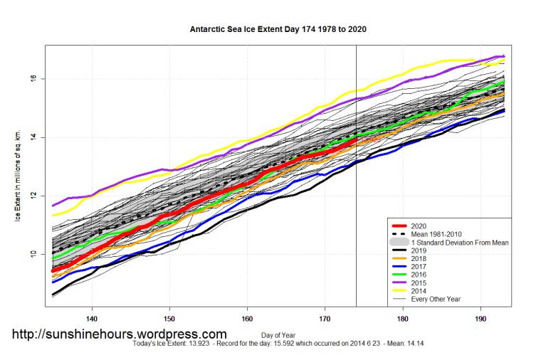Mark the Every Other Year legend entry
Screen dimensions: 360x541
pyautogui.click(x=436, y=299)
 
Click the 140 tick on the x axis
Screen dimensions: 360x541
pyautogui.click(x=92, y=319)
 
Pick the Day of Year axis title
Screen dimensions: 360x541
pyautogui.click(x=279, y=334)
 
